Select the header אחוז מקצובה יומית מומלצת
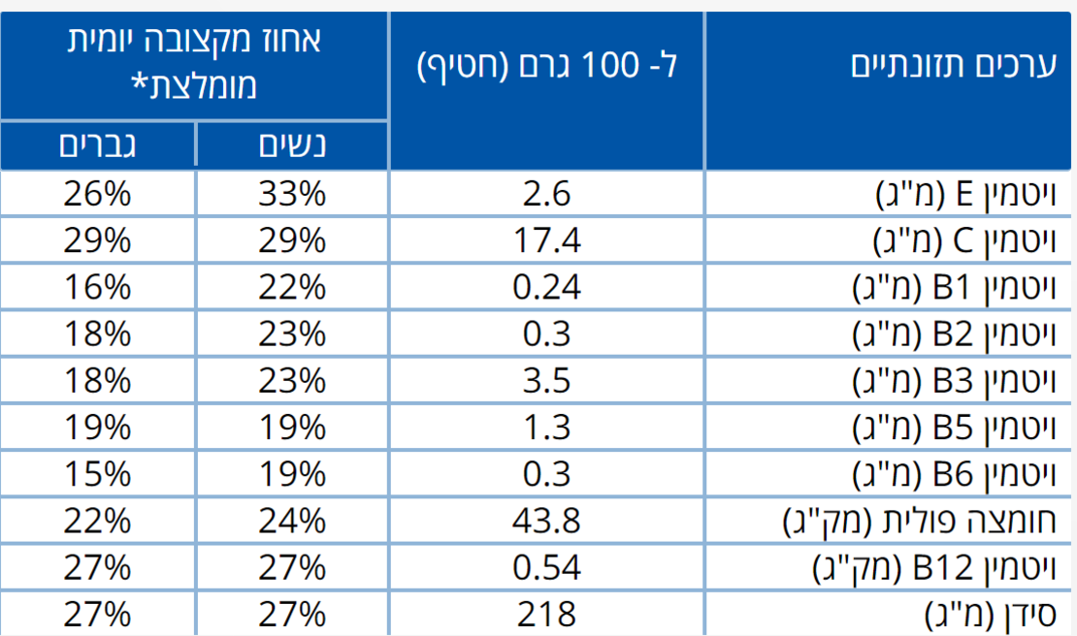click(x=194, y=63)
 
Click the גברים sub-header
click(x=97, y=145)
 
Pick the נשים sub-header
click(x=291, y=145)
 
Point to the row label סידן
click(x=1000, y=615)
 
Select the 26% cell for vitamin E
click(x=97, y=195)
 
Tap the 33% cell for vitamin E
click(x=291, y=195)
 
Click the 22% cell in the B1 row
click(x=291, y=288)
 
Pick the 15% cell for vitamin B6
click(x=97, y=474)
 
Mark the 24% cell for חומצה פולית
click(x=291, y=522)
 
